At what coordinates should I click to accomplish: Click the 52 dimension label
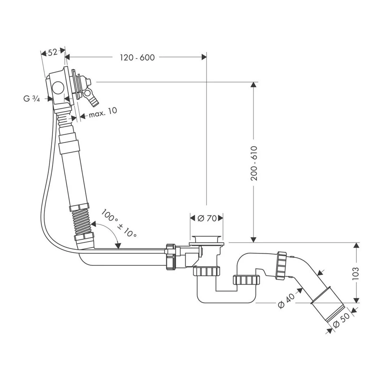[x=53, y=52]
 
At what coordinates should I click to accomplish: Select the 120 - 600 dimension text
[x=137, y=58]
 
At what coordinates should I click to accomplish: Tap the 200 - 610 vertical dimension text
[x=254, y=163]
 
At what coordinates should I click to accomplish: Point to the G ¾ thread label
[x=32, y=99]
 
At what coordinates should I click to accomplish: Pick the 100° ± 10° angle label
[x=119, y=223]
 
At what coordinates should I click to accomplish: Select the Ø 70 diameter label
[x=207, y=218]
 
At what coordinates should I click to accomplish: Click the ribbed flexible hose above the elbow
[x=83, y=221]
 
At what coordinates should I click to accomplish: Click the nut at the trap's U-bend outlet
[x=246, y=280]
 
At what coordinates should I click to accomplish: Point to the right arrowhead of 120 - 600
[x=204, y=57]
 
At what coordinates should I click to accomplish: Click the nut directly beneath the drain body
[x=207, y=271]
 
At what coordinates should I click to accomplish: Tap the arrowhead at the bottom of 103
[x=356, y=299]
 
